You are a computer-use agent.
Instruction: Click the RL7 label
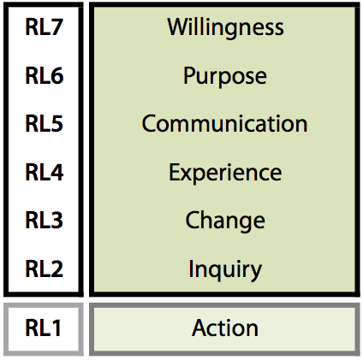[x=44, y=27]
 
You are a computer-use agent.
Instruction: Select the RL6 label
[x=45, y=75]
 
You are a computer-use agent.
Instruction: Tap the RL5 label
[x=44, y=124]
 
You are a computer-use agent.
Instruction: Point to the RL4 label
[x=45, y=172]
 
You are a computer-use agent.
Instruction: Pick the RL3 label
[x=44, y=221]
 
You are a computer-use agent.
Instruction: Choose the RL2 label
[x=44, y=269]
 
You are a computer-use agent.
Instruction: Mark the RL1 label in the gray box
[x=43, y=328]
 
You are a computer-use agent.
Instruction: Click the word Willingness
[x=225, y=28]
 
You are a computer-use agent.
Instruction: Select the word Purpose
[x=225, y=76]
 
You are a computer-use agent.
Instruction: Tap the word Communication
[x=224, y=124]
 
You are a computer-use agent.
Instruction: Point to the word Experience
[x=225, y=173]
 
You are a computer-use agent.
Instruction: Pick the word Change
[x=225, y=221]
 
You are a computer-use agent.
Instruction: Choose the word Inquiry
[x=225, y=269]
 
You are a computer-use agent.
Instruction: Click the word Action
[x=225, y=328]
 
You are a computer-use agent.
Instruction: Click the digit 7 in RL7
[x=57, y=27]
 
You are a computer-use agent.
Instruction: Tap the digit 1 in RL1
[x=57, y=328]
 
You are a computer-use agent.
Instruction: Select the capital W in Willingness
[x=179, y=27]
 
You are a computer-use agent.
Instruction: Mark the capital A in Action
[x=200, y=328]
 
